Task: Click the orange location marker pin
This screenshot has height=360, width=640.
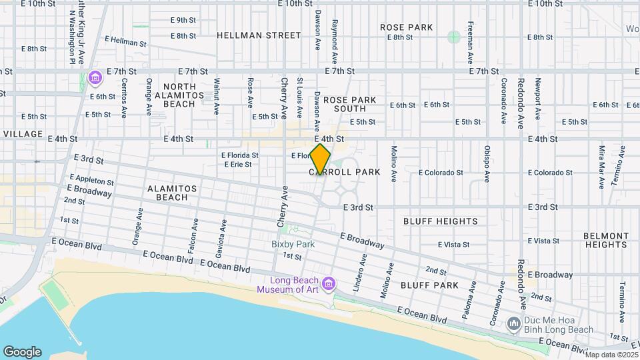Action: (x=321, y=159)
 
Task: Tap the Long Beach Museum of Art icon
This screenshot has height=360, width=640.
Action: (x=328, y=285)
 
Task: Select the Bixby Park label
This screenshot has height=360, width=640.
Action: (x=293, y=244)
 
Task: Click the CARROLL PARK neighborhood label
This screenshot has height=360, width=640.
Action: (x=345, y=172)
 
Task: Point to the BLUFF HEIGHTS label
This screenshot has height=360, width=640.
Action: (x=441, y=221)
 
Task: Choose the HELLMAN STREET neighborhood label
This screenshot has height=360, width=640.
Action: (x=259, y=35)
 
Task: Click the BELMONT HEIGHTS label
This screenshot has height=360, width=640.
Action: (x=605, y=240)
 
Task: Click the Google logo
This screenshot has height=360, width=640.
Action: (x=22, y=352)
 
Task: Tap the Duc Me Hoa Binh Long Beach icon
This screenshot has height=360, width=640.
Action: (x=513, y=325)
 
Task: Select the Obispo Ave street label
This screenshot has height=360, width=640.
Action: (x=487, y=164)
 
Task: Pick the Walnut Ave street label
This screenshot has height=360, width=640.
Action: (x=217, y=95)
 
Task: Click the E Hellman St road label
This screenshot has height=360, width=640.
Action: (x=125, y=41)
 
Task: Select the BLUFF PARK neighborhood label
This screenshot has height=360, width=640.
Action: (x=430, y=285)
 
